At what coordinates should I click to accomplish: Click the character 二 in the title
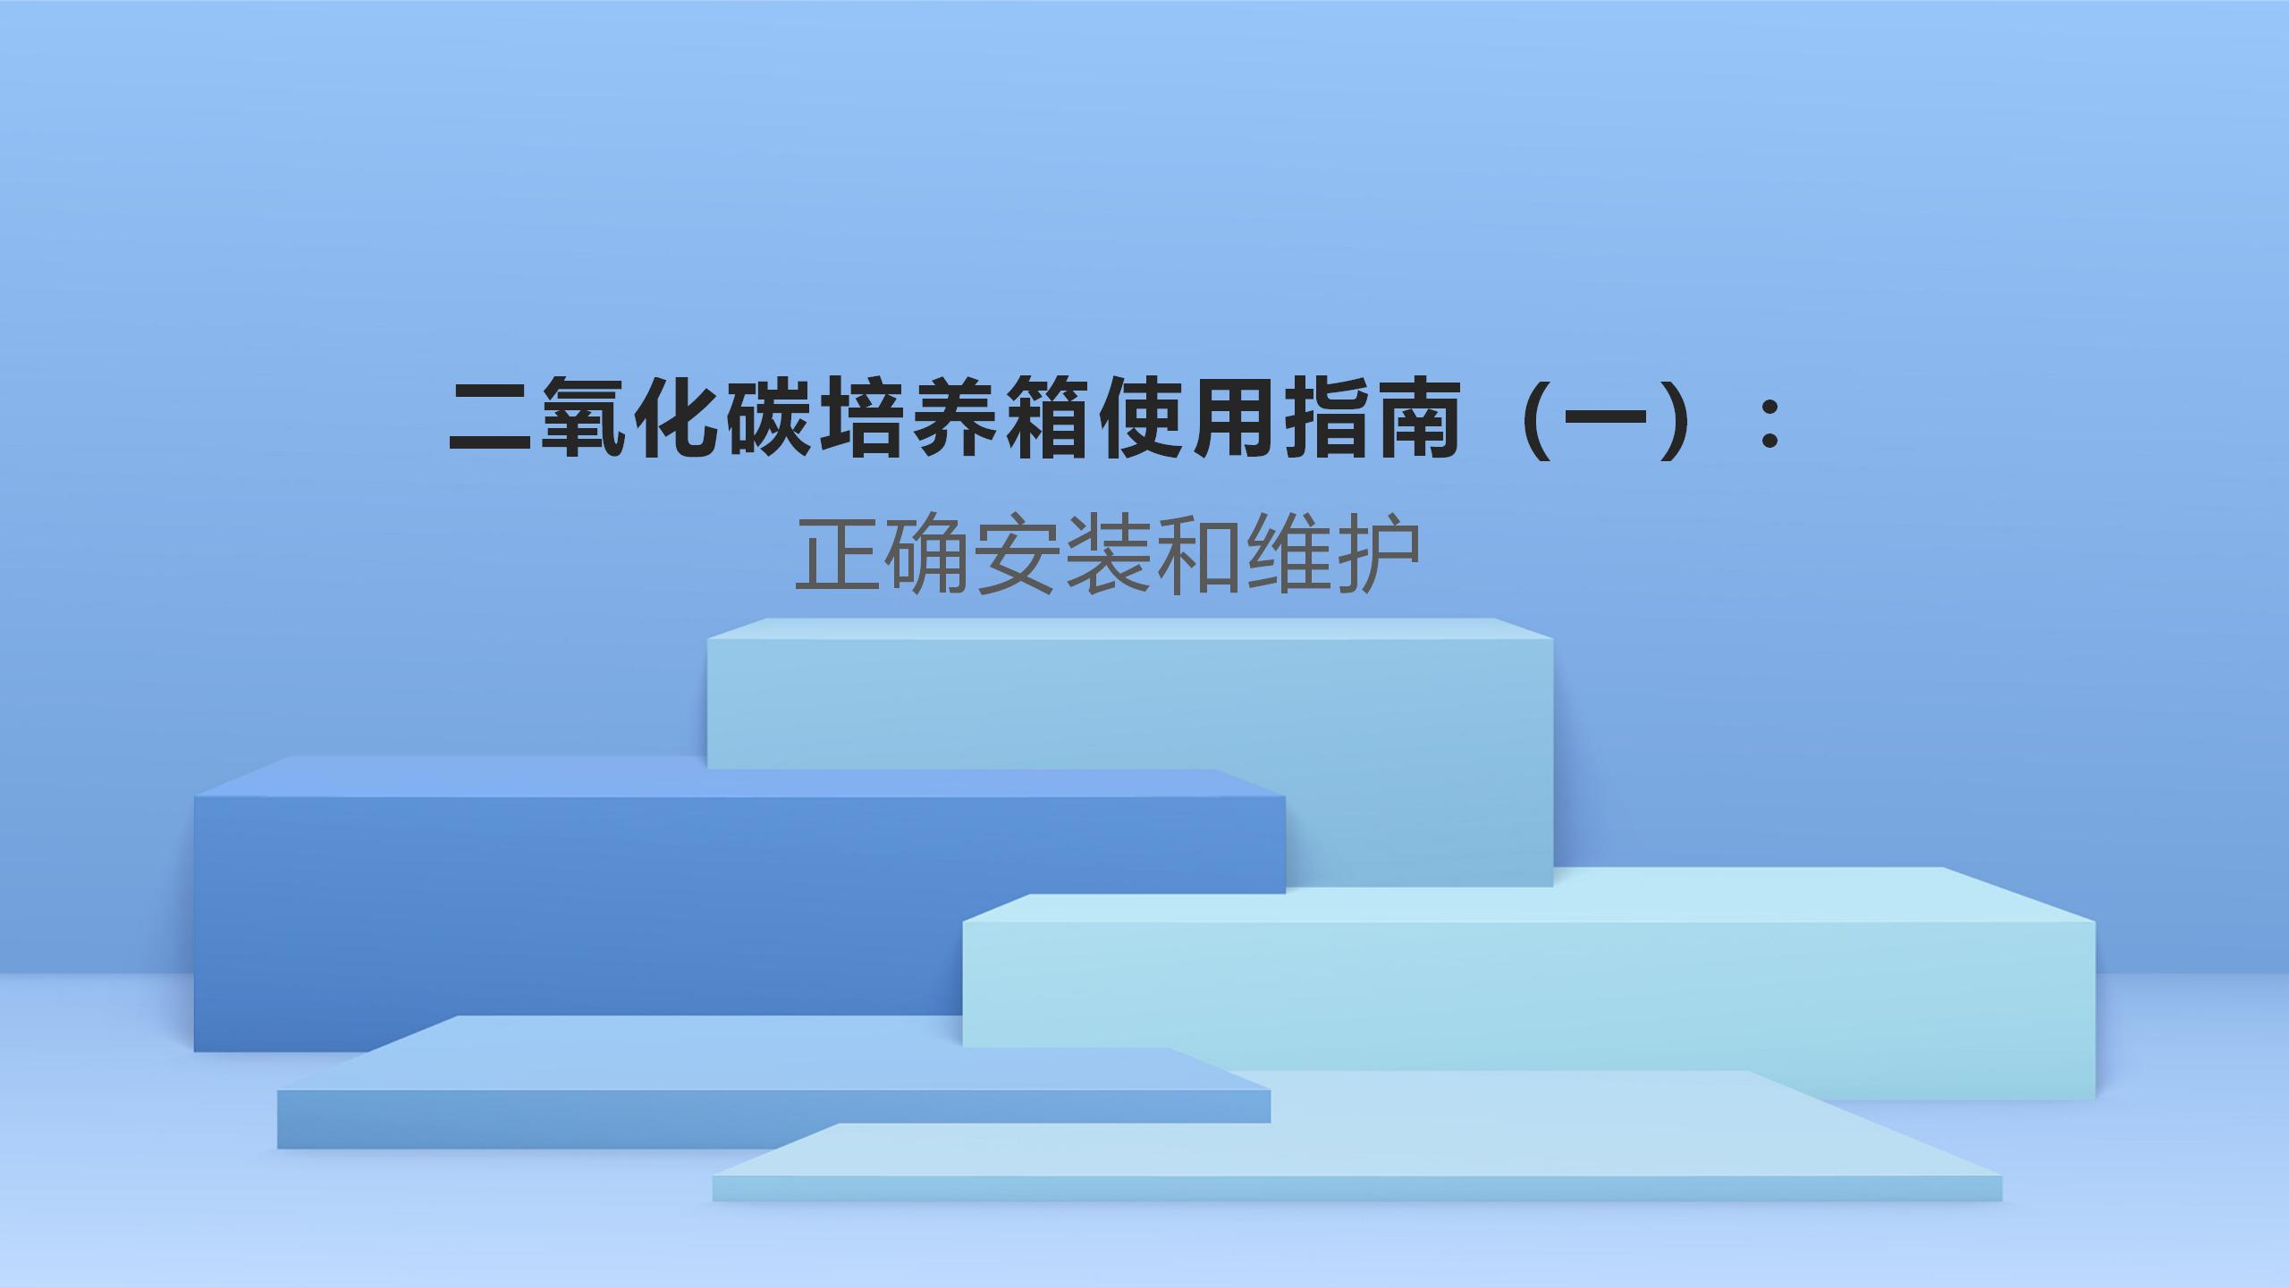491,418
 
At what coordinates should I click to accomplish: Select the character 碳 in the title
770,418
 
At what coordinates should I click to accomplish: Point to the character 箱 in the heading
1049,418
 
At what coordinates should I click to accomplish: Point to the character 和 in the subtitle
1197,554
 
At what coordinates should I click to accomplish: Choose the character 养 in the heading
956,418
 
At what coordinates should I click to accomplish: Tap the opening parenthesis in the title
1539,418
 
